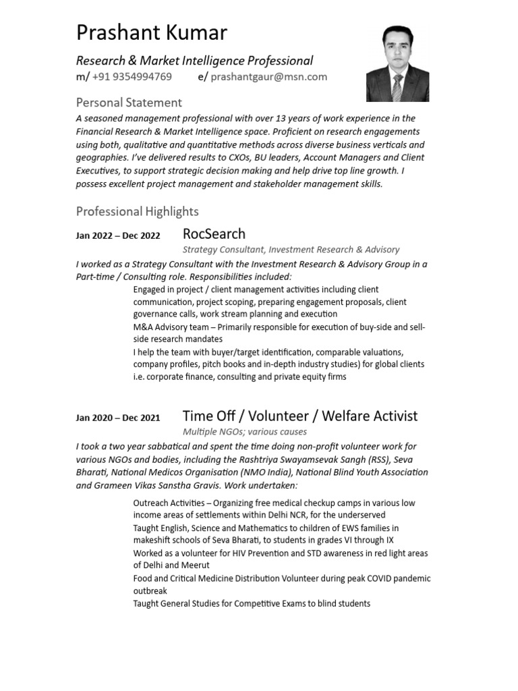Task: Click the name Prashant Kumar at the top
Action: coord(152,32)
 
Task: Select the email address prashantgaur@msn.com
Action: coord(268,77)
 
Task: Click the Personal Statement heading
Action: coord(129,103)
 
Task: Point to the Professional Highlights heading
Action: coord(138,211)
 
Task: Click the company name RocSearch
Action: coord(214,234)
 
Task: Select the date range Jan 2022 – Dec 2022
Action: coord(118,236)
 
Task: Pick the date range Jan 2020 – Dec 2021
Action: coord(118,418)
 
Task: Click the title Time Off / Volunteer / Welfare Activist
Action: coord(300,416)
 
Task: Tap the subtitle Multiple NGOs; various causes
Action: coord(245,432)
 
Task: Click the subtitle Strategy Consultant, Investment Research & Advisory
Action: coord(291,250)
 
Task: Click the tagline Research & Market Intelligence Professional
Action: coord(195,61)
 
